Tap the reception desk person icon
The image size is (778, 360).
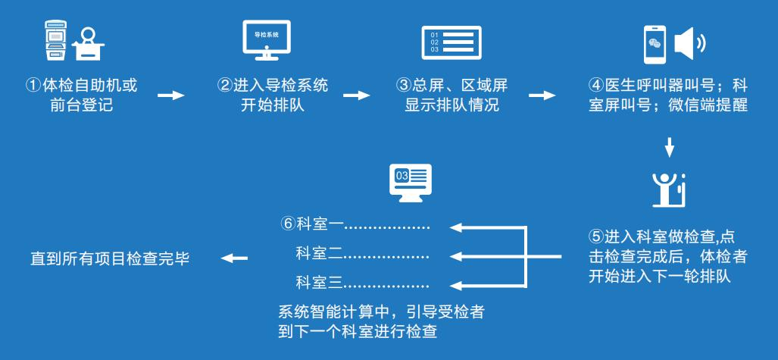(x=90, y=45)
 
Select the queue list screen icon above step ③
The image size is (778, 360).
(x=451, y=42)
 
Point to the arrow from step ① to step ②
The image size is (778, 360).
(x=170, y=96)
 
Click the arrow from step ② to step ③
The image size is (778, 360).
(x=357, y=96)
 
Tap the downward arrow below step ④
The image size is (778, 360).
(x=669, y=144)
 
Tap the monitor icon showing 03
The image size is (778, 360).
(x=409, y=181)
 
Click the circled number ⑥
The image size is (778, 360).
(x=286, y=225)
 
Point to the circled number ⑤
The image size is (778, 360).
(x=595, y=235)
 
